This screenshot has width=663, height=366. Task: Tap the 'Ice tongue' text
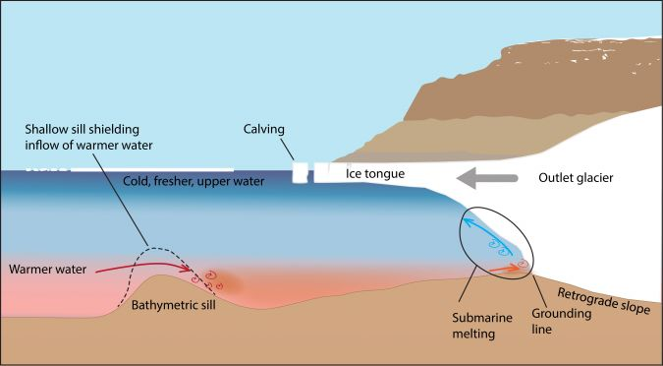pos(374,173)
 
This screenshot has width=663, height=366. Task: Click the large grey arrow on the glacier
pos(453,178)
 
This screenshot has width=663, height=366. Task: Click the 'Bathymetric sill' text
pos(174,304)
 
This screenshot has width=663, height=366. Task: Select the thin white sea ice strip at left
pos(128,169)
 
